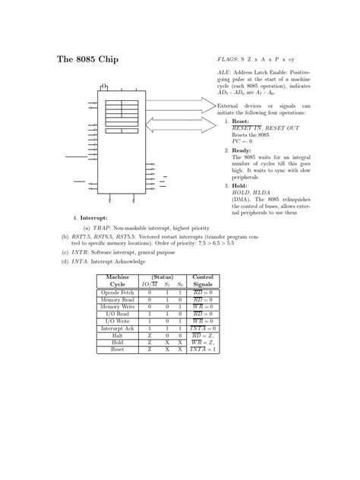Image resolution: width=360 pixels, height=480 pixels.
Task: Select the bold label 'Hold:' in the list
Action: pyautogui.click(x=238, y=186)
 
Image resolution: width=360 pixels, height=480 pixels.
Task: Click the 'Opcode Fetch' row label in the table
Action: pyautogui.click(x=117, y=292)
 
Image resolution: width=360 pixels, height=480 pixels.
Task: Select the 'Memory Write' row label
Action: pyautogui.click(x=117, y=306)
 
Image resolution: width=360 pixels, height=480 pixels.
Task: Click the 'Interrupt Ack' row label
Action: pyautogui.click(x=117, y=327)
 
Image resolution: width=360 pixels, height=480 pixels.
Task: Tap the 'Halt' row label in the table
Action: pyautogui.click(x=117, y=335)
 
